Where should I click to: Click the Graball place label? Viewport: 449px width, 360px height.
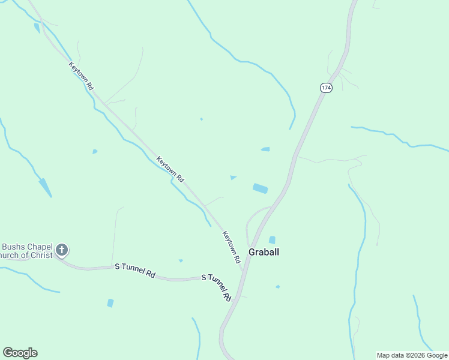pyautogui.click(x=264, y=252)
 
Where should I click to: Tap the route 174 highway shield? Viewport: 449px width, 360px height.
pyautogui.click(x=325, y=88)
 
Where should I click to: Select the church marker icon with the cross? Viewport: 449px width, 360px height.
pyautogui.click(x=62, y=250)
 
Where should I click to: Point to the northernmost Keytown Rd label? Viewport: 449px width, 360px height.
pyautogui.click(x=81, y=76)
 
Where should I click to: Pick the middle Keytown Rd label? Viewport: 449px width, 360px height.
pyautogui.click(x=170, y=169)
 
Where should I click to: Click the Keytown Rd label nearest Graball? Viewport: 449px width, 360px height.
pyautogui.click(x=231, y=247)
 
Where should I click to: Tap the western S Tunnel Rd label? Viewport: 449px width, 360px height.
pyautogui.click(x=135, y=271)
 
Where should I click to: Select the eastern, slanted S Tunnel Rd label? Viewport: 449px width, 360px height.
pyautogui.click(x=217, y=286)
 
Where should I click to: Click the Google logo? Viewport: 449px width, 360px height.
pyautogui.click(x=20, y=353)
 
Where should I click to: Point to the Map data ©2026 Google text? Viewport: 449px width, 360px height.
pyautogui.click(x=412, y=355)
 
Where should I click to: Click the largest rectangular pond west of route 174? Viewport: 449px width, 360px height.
pyautogui.click(x=261, y=188)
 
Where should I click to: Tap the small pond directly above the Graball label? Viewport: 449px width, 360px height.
pyautogui.click(x=272, y=240)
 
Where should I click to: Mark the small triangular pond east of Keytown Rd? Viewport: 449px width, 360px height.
pyautogui.click(x=233, y=177)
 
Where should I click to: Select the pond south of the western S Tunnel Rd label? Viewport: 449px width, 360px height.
pyautogui.click(x=110, y=303)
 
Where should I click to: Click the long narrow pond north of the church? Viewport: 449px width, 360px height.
pyautogui.click(x=45, y=187)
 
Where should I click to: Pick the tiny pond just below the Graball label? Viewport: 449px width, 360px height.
pyautogui.click(x=277, y=287)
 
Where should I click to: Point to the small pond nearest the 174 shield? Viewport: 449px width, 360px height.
pyautogui.click(x=265, y=149)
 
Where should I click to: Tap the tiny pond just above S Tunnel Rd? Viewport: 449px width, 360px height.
pyautogui.click(x=181, y=260)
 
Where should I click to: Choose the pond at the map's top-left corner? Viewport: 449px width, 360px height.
pyautogui.click(x=37, y=28)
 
